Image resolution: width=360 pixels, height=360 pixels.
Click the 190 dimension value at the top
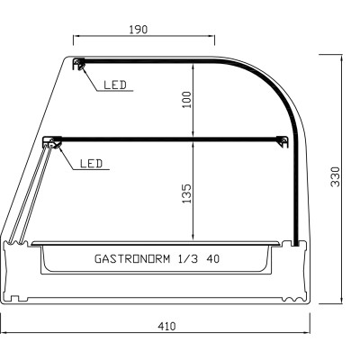pos(139,29)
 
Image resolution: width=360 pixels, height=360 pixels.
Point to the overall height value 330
pos(335,176)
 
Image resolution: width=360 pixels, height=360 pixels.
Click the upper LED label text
pos(113,85)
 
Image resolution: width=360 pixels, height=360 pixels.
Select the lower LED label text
pos(91,164)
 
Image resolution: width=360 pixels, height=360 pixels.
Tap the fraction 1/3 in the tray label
pos(191,257)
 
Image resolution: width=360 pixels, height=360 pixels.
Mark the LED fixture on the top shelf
pos(79,64)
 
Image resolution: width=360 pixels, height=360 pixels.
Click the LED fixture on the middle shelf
pos(52,141)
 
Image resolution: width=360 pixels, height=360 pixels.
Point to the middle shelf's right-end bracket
pos(283,139)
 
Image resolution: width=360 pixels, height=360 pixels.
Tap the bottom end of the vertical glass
pos(295,243)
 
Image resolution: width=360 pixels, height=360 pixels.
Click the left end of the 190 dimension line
pos(73,38)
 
